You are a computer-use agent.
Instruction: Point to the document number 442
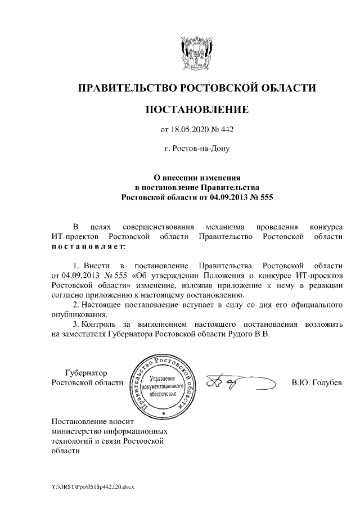point(226,129)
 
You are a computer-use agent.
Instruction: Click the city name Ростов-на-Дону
point(197,150)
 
